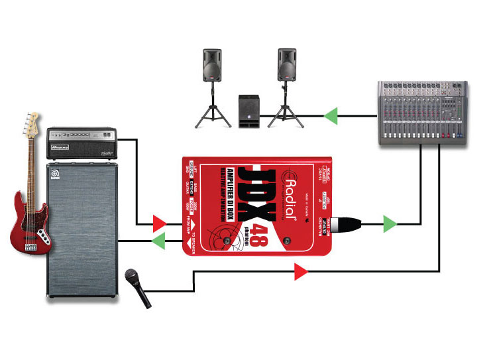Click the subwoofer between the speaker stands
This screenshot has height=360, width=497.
(249, 111)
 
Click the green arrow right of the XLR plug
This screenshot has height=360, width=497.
(390, 225)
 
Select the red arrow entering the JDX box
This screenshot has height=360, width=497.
(159, 221)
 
